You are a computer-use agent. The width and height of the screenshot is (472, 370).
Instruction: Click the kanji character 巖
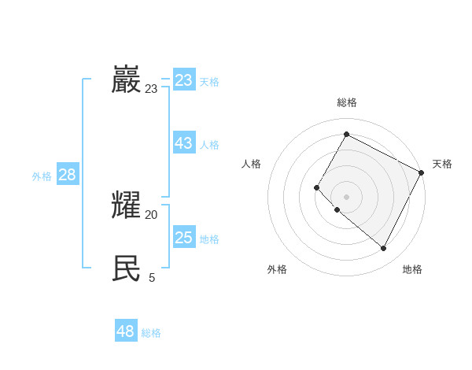tap(126, 80)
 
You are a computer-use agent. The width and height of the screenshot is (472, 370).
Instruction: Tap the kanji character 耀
tap(126, 205)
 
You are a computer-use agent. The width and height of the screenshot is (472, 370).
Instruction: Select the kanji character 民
tap(126, 268)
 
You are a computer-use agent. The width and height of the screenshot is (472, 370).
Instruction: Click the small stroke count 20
tap(151, 214)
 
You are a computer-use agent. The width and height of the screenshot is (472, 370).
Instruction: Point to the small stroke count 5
tap(152, 277)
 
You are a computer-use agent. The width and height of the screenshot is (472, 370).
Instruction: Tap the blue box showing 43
tap(184, 143)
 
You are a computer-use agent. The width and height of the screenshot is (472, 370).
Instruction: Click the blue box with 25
tap(184, 238)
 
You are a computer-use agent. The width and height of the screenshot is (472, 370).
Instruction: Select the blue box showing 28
tap(67, 175)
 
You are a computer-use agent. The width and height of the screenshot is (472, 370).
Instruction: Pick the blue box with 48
tap(126, 331)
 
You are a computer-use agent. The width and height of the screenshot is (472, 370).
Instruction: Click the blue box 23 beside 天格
tap(184, 80)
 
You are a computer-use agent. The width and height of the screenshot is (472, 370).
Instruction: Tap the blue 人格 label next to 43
tap(209, 145)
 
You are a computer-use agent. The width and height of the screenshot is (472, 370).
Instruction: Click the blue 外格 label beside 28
tap(42, 176)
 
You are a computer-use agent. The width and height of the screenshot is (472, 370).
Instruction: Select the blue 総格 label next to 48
tap(151, 333)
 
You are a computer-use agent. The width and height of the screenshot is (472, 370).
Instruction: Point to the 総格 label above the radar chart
tap(346, 102)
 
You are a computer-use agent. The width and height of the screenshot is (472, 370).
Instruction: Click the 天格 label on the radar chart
tap(442, 164)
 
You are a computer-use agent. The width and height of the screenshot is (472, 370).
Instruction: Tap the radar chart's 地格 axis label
tap(412, 269)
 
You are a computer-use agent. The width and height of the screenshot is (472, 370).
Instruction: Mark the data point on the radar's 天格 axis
tap(422, 172)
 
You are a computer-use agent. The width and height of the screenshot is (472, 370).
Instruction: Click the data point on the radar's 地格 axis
tap(384, 249)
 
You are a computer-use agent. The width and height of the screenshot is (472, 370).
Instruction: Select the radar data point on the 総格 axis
tap(346, 134)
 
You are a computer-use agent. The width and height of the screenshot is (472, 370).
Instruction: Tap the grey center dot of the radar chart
tap(346, 197)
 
